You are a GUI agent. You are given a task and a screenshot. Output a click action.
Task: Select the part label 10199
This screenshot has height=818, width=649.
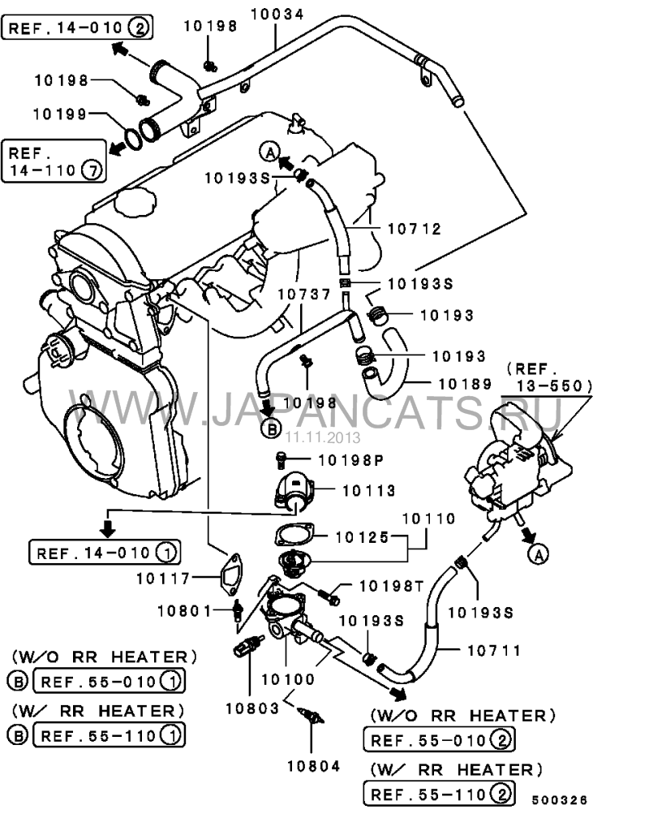pyautogui.click(x=60, y=114)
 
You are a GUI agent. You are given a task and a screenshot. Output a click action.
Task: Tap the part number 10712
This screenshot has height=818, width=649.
pyautogui.click(x=414, y=230)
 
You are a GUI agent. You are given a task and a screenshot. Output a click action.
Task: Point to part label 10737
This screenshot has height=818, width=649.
pyautogui.click(x=305, y=295)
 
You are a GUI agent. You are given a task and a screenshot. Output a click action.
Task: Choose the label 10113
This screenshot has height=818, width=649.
pyautogui.click(x=368, y=490)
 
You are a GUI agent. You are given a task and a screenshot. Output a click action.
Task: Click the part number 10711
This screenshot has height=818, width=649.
pyautogui.click(x=493, y=649)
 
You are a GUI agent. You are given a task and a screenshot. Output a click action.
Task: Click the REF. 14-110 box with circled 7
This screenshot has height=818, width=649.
pyautogui.click(x=54, y=161)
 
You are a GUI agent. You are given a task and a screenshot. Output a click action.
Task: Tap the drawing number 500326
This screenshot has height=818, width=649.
pyautogui.click(x=560, y=799)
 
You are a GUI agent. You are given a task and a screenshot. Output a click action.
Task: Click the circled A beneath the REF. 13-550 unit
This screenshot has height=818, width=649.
pyautogui.click(x=536, y=554)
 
